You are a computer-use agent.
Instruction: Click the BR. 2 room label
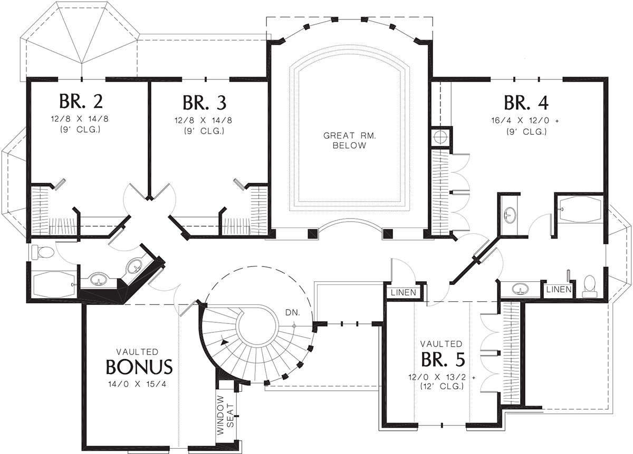[81, 101]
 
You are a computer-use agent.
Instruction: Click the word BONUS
[139, 367]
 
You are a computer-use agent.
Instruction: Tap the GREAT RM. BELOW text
[350, 141]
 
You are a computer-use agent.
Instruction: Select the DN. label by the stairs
[292, 312]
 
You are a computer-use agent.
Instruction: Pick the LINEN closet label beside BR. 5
[403, 292]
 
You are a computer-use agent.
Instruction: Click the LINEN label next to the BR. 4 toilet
[559, 289]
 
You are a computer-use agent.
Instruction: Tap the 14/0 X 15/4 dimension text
[137, 384]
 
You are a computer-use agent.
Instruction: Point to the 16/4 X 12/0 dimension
[525, 121]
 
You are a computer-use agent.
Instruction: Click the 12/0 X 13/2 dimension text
[442, 377]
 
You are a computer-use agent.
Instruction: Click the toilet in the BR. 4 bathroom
[590, 286]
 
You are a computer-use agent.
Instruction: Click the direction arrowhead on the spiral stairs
[224, 342]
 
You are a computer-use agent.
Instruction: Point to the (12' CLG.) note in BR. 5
[442, 386]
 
